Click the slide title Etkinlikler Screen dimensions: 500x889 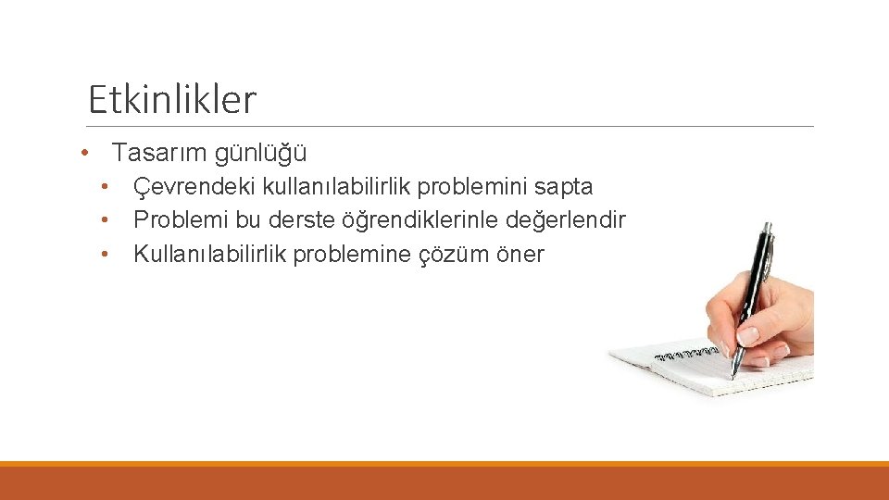171,99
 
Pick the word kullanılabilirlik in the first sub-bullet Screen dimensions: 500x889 337,187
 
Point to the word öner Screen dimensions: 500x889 520,255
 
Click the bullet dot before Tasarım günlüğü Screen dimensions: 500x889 84,152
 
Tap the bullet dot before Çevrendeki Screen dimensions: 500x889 107,186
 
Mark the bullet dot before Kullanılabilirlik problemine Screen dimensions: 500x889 107,253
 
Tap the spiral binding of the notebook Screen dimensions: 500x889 685,353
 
